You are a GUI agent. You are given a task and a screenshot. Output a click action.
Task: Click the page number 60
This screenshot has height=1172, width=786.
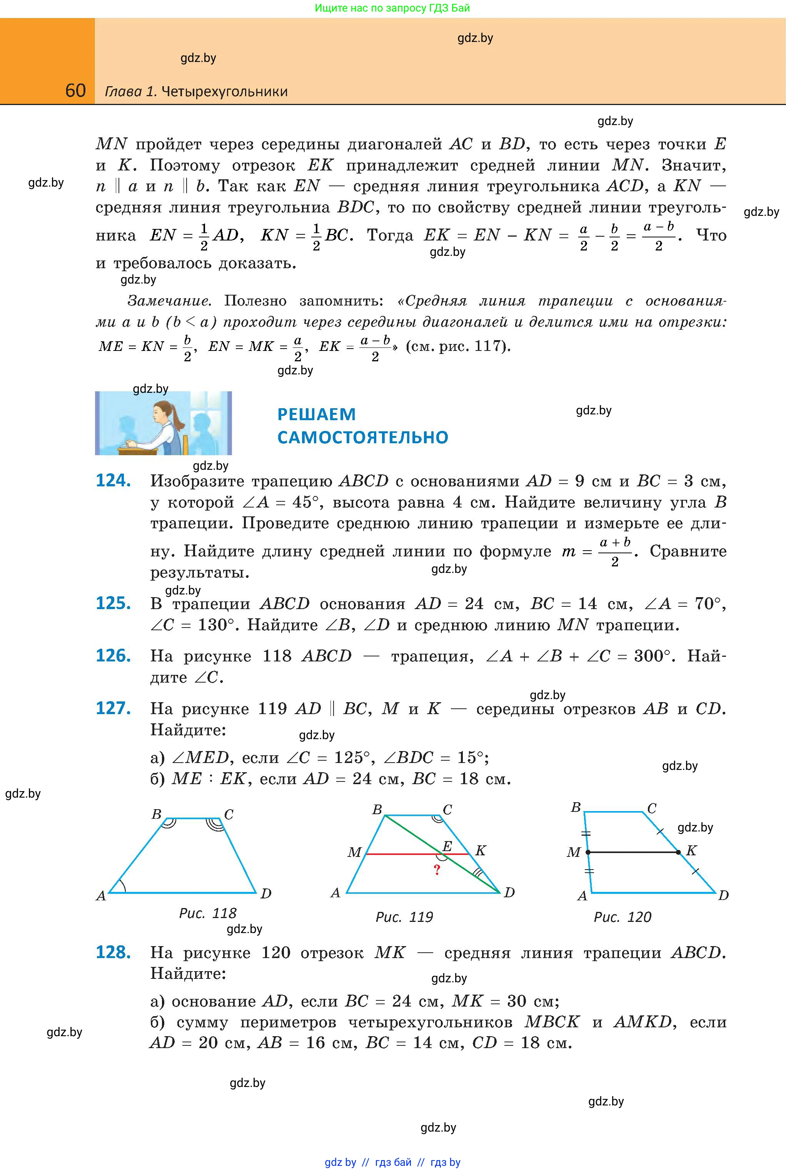pyautogui.click(x=75, y=91)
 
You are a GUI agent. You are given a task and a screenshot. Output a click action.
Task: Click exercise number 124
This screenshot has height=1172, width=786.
pyautogui.click(x=113, y=481)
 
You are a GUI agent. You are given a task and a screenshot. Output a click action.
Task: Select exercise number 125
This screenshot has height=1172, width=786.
pyautogui.click(x=113, y=603)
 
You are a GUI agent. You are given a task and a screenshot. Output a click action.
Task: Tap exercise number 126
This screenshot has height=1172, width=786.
pyautogui.click(x=113, y=656)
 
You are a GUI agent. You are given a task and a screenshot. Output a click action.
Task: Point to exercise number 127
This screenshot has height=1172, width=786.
pyautogui.click(x=113, y=708)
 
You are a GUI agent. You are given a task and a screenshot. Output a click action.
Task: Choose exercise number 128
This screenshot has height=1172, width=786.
pyautogui.click(x=113, y=952)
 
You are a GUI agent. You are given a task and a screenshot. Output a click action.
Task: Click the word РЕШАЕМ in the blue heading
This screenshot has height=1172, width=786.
pyautogui.click(x=316, y=414)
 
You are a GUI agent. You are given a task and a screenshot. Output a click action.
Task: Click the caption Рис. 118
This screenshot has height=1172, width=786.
pyautogui.click(x=207, y=913)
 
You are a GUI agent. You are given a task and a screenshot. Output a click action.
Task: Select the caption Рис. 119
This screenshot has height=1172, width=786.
pyautogui.click(x=404, y=917)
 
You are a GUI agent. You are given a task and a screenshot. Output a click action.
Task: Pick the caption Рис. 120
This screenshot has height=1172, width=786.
pyautogui.click(x=622, y=917)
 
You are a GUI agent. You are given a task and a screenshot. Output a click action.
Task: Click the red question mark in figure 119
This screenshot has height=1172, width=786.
pyautogui.click(x=437, y=870)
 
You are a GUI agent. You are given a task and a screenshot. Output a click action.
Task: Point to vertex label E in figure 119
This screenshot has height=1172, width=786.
pyautogui.click(x=447, y=846)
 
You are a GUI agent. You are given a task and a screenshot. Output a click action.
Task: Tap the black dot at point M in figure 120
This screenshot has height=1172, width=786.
pyautogui.click(x=588, y=851)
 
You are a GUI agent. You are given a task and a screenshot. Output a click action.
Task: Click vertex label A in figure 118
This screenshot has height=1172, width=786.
pyautogui.click(x=101, y=896)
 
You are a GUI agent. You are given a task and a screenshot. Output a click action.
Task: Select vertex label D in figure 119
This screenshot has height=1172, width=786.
pyautogui.click(x=509, y=892)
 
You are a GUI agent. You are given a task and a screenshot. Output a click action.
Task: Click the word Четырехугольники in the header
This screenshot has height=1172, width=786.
pyautogui.click(x=225, y=92)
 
